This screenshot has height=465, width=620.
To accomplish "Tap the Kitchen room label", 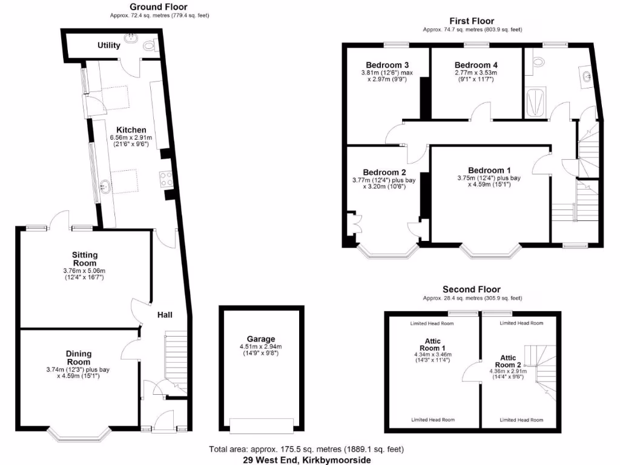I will [131, 130].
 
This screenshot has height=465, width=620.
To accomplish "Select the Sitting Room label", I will [84, 259].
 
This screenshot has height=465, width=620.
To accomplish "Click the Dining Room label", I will [79, 357].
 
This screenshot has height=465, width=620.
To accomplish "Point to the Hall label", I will [165, 315].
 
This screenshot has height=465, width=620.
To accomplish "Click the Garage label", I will [260, 338].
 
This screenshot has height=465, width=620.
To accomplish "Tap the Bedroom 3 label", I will [387, 65].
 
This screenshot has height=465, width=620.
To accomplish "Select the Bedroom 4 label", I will [476, 65].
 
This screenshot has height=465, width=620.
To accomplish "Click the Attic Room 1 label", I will [432, 345].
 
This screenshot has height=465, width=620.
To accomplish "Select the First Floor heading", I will [472, 20].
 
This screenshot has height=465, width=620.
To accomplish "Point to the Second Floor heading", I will [472, 289].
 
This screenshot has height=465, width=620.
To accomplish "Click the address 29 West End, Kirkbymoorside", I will [306, 460].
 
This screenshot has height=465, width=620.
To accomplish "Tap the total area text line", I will [306, 449].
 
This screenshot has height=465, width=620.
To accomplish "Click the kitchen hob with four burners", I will [167, 179].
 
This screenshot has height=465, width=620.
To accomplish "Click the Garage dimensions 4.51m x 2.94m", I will [260, 346].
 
